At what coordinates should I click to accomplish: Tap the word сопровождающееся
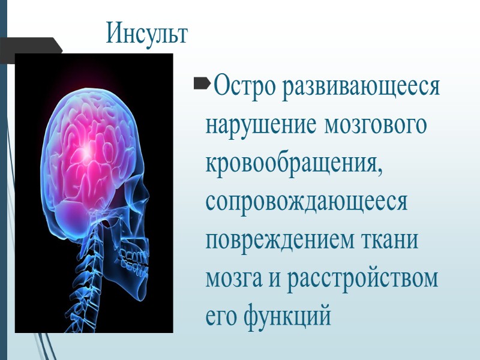tap(306, 202)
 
